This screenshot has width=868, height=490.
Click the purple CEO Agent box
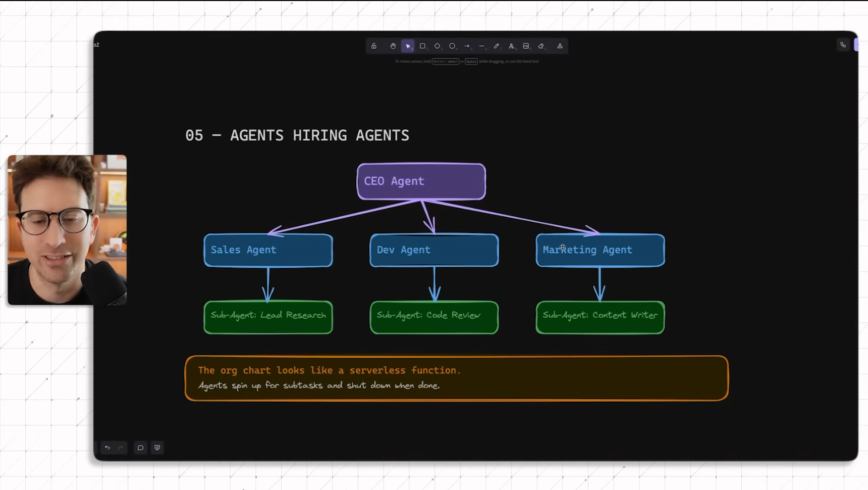[421, 181]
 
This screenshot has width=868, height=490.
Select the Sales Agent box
[268, 250]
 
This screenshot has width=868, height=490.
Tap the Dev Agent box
[434, 250]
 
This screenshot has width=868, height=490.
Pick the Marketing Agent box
[600, 250]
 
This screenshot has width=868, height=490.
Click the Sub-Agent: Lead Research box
[268, 317]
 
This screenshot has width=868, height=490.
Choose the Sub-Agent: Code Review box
[434, 317]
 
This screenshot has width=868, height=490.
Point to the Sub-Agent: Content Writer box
[600, 317]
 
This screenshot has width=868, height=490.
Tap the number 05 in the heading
[194, 135]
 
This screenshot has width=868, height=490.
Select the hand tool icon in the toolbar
[393, 46]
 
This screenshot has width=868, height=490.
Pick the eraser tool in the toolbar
[541, 46]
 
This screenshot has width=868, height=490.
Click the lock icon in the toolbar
[374, 46]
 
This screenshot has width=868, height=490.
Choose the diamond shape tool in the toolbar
[437, 46]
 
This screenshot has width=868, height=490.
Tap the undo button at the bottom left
[107, 448]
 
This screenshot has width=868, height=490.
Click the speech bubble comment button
[140, 448]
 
